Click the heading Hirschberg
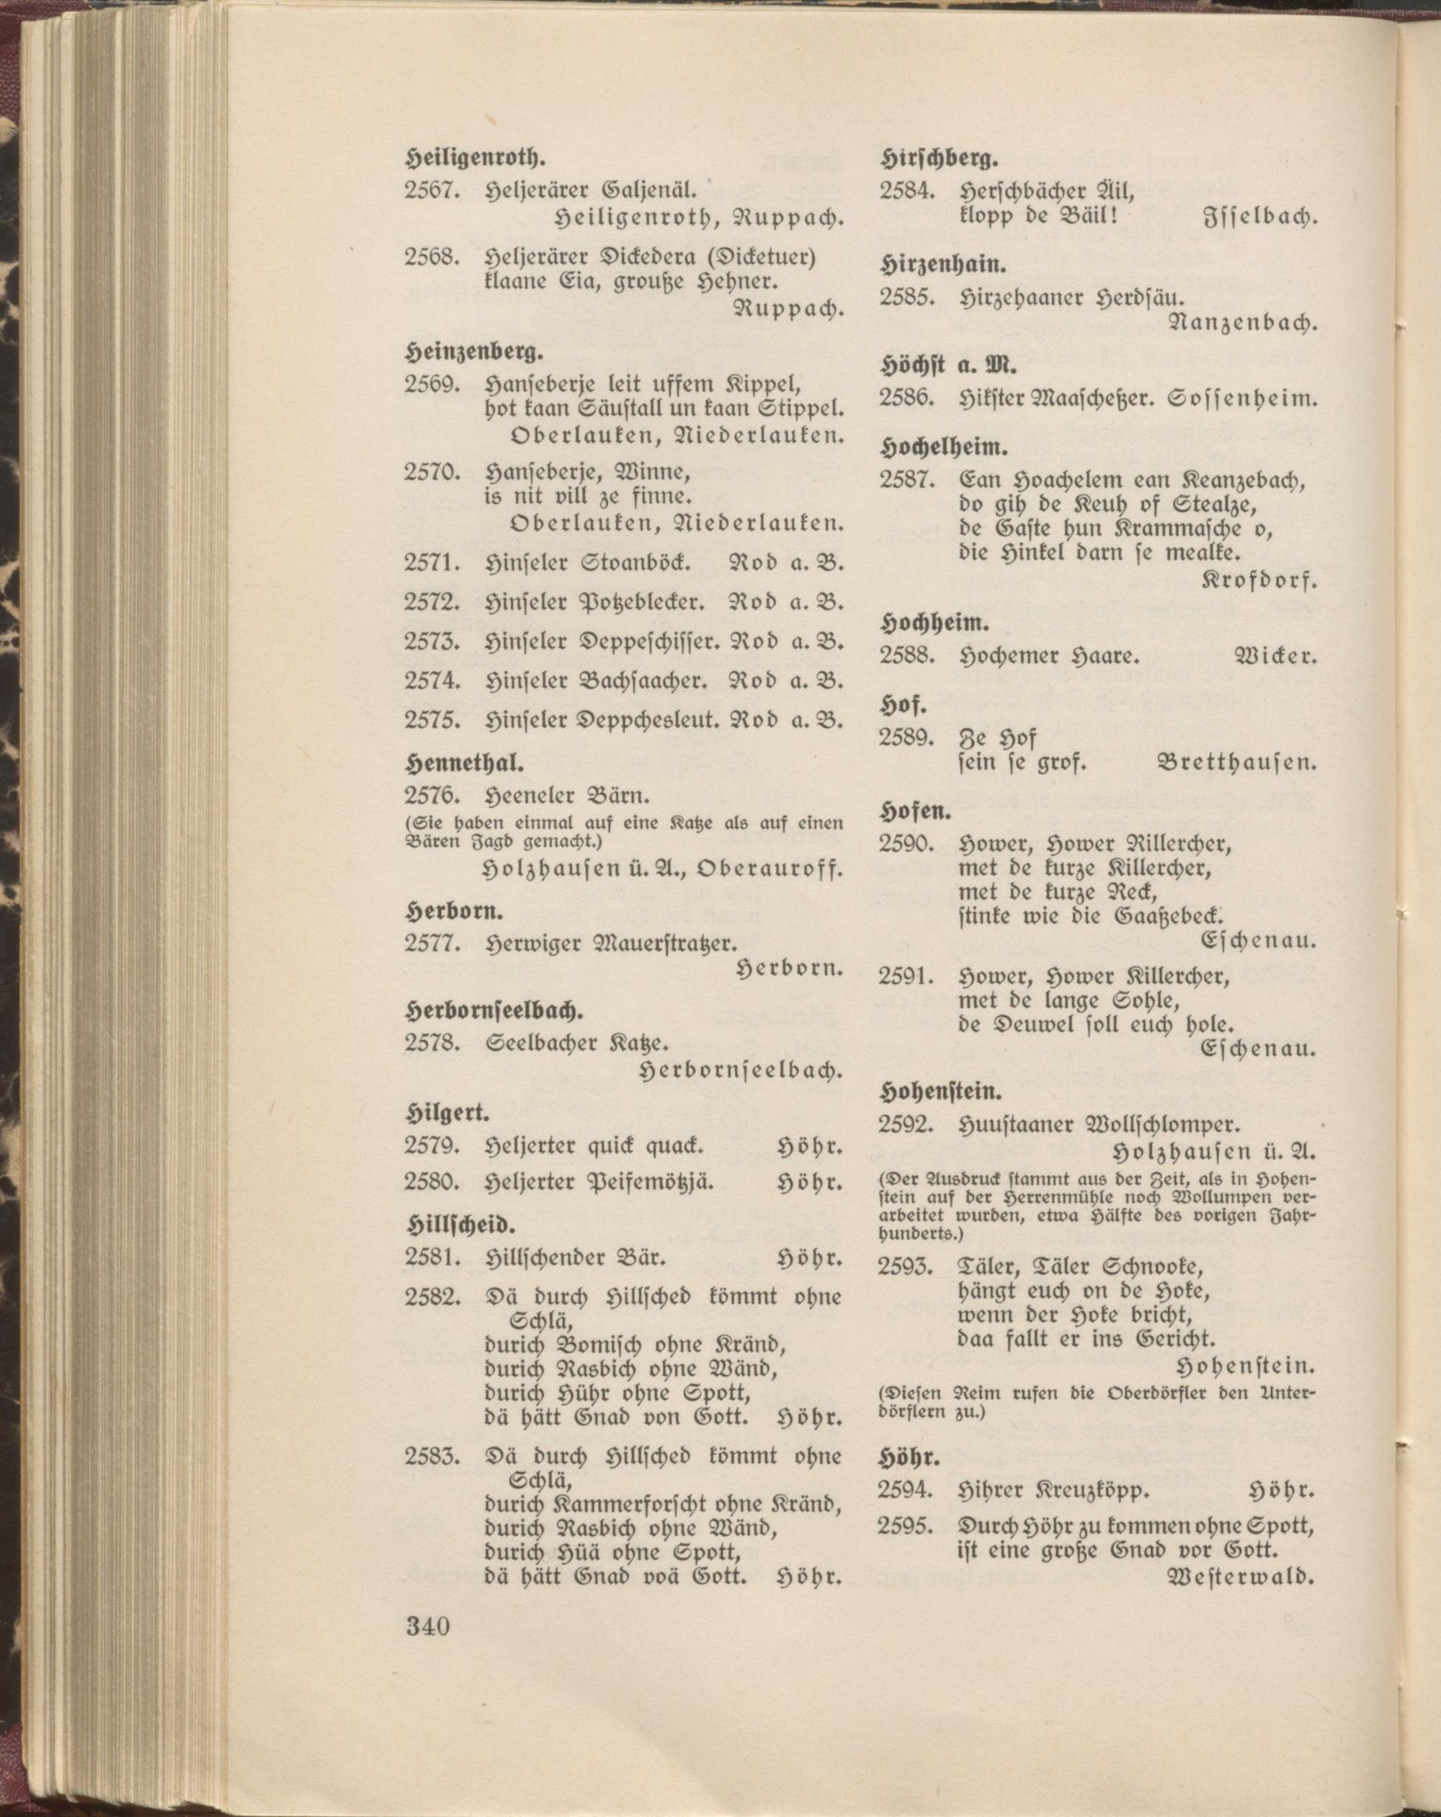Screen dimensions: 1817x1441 tap(940, 158)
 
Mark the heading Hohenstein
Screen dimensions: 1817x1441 tap(940, 1091)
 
